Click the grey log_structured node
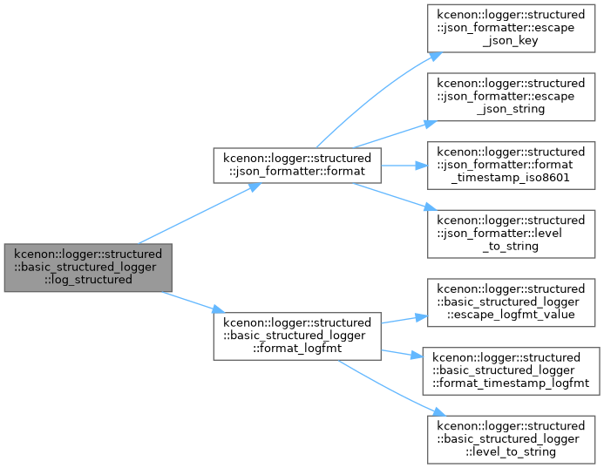click(x=88, y=268)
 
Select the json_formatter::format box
click(x=297, y=166)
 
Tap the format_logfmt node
click(x=297, y=336)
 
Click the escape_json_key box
click(x=511, y=28)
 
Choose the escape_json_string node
click(x=511, y=97)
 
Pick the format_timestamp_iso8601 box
click(x=511, y=166)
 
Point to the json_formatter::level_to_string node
click(x=511, y=234)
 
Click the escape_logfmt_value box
click(x=511, y=302)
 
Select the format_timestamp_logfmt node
click(x=511, y=371)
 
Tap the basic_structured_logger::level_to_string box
click(x=511, y=439)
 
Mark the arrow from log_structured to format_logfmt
click(x=193, y=302)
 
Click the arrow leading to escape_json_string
click(x=395, y=134)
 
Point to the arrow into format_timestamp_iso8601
click(x=404, y=166)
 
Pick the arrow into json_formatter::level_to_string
click(x=395, y=197)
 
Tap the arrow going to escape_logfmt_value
click(x=404, y=320)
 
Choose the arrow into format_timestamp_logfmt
click(x=402, y=354)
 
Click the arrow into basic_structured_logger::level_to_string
click(x=391, y=389)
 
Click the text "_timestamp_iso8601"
click(x=511, y=178)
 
